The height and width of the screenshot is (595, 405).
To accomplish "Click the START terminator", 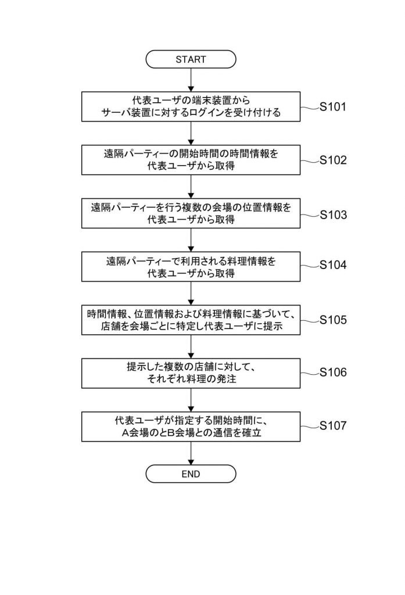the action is click(191, 59).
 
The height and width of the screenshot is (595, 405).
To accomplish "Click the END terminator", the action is click(191, 474).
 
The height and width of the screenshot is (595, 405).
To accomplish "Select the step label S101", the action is click(333, 107).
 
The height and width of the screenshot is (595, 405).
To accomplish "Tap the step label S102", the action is click(333, 160).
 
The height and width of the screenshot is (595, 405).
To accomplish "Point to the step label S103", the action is click(333, 215).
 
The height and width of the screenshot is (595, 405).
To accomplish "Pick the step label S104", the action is click(333, 264).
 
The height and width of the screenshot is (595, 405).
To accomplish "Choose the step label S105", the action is click(333, 320).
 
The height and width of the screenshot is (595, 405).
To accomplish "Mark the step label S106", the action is click(333, 372).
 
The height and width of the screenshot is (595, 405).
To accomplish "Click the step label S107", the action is click(333, 425).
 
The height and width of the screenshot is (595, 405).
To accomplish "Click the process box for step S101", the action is click(191, 107).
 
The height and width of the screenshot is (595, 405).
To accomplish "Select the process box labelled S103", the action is click(191, 213).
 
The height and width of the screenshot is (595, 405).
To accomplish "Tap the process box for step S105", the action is click(191, 320).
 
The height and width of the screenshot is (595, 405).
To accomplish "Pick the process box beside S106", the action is click(191, 374).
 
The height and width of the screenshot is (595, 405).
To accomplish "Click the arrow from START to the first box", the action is click(191, 80).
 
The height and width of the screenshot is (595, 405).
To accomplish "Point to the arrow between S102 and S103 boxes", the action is click(191, 187).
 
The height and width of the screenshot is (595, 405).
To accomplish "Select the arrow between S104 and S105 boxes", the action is click(191, 293).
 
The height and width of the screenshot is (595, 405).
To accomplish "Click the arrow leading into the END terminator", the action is click(191, 453).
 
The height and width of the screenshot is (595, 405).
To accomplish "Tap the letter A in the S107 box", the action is click(126, 432).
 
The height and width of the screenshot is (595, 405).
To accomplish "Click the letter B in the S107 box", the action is click(171, 432).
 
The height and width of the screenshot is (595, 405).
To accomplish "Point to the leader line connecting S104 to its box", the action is click(310, 266).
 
